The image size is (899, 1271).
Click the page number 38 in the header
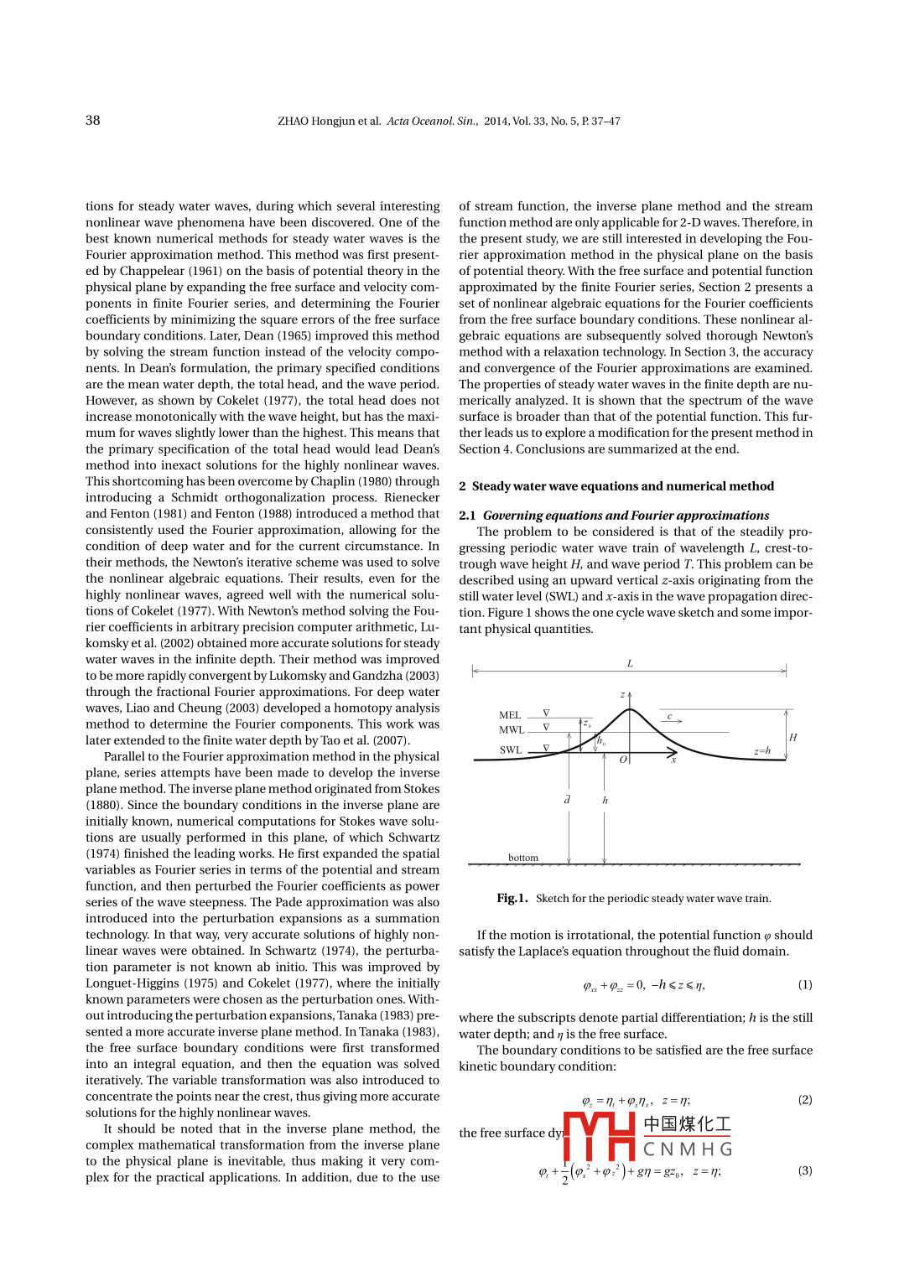pos(92,120)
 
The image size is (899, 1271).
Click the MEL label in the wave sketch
pos(510,715)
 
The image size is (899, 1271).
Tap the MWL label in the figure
pos(512,730)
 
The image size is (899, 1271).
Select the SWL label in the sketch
pos(511,750)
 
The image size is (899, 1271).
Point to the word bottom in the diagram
pos(523,858)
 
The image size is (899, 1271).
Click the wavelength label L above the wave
pos(630,664)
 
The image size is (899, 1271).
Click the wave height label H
pos(792,738)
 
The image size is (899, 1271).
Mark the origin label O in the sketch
pos(623,760)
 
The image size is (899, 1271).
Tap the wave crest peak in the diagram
pos(630,710)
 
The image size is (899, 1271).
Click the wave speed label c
pos(669,717)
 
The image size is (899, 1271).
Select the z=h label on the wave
pos(761,751)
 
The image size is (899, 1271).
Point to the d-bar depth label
pos(568,800)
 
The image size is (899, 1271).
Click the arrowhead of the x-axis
pos(673,754)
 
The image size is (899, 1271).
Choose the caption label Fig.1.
pos(512,898)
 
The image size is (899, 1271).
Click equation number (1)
pos(804,985)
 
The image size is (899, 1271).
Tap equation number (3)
pos(804,1171)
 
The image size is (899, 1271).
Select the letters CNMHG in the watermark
pos(688,1149)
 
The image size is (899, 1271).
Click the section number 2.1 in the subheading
pos(467,516)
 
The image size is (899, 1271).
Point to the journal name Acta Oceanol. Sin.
pos(433,121)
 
